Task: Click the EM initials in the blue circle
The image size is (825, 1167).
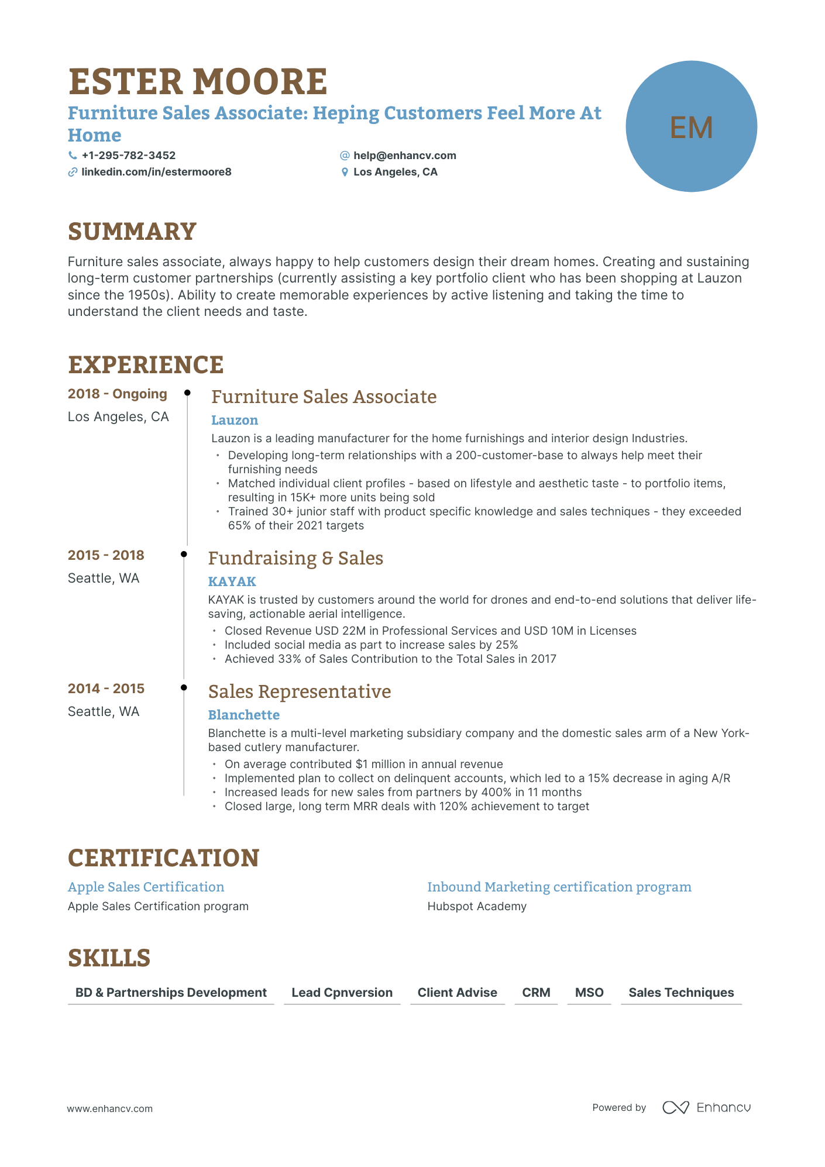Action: [691, 127]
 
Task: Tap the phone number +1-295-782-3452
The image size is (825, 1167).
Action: [128, 156]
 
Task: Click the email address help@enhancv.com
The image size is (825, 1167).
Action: [404, 156]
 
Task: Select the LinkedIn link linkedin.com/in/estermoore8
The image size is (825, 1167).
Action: [156, 172]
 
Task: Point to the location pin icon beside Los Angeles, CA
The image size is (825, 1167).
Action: [345, 173]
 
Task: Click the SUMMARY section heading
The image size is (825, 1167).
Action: [132, 232]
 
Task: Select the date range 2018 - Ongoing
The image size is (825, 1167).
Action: [118, 394]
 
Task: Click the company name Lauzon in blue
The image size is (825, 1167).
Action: [235, 420]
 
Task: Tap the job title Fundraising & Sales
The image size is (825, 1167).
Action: [295, 558]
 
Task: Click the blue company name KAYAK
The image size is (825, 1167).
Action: [232, 581]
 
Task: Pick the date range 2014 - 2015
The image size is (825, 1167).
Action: [106, 689]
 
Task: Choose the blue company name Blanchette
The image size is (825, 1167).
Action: [243, 715]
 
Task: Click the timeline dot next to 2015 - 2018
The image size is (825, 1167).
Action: [184, 554]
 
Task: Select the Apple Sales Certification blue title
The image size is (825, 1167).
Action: [146, 887]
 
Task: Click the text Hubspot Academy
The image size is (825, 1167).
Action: [477, 906]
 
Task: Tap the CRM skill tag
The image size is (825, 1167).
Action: [536, 993]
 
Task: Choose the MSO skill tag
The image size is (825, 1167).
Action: [589, 993]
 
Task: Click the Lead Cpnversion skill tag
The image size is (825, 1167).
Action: [342, 993]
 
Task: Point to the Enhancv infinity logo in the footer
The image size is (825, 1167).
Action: [676, 1107]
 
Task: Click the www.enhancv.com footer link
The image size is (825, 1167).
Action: [109, 1109]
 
